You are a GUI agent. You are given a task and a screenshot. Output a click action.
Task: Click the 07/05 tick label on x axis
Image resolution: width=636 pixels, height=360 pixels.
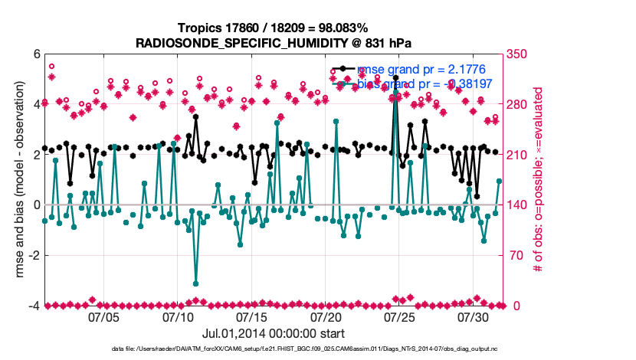point(103,317)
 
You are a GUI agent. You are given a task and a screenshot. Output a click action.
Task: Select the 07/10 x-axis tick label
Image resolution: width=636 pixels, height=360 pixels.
point(178,317)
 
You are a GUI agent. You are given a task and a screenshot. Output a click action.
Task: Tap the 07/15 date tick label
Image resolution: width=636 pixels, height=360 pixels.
point(251,317)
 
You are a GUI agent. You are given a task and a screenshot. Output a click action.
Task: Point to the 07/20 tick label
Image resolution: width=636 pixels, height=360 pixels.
point(326,317)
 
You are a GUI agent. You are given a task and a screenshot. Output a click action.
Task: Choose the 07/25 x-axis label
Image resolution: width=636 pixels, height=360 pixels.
point(399,317)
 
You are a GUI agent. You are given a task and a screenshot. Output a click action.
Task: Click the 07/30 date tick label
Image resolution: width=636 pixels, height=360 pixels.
point(474,317)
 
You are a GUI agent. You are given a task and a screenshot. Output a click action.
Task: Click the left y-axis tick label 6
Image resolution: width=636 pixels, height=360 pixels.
point(35,54)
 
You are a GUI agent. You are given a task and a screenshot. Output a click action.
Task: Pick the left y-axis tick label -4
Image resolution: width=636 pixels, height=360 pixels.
point(33,306)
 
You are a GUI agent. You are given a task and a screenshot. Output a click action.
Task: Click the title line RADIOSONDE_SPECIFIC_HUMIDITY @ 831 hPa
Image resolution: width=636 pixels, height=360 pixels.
point(273,43)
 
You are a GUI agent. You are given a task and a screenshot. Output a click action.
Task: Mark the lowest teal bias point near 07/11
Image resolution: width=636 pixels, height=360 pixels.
point(195,283)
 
